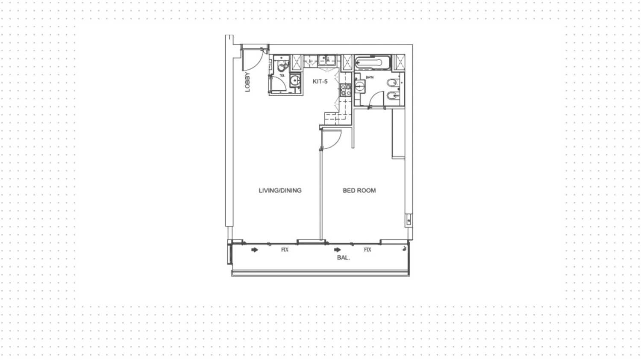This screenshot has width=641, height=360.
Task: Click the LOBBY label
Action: tap(247, 82)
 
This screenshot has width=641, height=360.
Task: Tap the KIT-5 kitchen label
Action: tap(320, 81)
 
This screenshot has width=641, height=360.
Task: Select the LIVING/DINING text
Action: tap(280, 190)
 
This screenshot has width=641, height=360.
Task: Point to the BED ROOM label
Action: tap(359, 190)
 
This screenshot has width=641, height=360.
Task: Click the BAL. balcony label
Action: tap(343, 257)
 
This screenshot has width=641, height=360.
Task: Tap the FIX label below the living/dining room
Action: tap(285, 250)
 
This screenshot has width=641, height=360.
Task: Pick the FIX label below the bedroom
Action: tap(368, 250)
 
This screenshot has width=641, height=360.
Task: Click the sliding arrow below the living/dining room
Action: tap(255, 250)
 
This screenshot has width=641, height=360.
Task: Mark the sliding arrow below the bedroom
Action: tap(338, 250)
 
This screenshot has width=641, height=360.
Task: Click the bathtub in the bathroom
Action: tap(373, 62)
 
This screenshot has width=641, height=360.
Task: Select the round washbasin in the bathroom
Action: tap(360, 86)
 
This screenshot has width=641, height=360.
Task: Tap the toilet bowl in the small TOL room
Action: tap(282, 67)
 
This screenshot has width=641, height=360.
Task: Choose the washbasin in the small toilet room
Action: tap(294, 80)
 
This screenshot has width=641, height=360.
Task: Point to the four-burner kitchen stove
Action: tap(345, 89)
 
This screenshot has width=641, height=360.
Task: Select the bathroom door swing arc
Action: tap(377, 99)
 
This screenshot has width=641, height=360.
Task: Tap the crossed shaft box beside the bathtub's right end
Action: tap(399, 62)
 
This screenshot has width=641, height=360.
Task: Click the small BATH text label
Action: tap(370, 77)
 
